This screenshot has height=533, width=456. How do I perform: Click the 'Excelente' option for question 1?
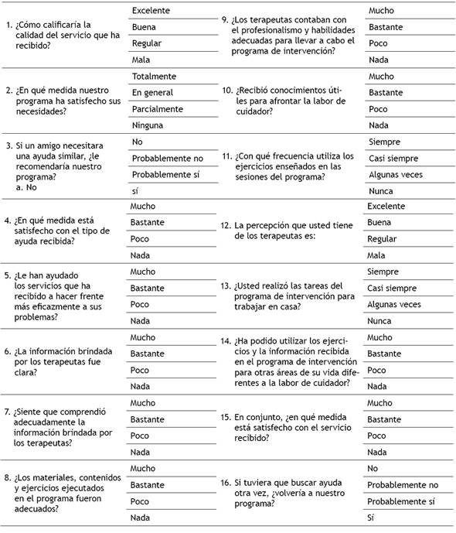click(x=151, y=11)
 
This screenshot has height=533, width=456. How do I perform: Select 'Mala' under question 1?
click(x=141, y=60)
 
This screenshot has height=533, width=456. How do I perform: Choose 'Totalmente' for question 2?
click(x=155, y=77)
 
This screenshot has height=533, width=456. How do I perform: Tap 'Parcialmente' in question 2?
click(x=158, y=109)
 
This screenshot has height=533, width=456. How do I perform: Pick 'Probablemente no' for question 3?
click(x=167, y=158)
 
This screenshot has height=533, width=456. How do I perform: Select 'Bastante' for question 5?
click(x=148, y=288)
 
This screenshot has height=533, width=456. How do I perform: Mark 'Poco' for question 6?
click(x=141, y=370)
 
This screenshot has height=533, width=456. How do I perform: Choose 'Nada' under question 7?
click(x=140, y=452)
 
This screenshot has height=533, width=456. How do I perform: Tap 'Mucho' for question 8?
click(x=143, y=468)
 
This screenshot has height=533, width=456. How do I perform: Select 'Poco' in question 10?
click(x=379, y=109)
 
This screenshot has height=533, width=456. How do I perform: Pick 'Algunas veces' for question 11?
click(x=396, y=174)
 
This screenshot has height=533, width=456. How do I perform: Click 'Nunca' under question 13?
click(x=380, y=320)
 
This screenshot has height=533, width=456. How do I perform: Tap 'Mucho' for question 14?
click(x=381, y=337)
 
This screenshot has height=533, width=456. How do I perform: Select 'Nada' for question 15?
click(x=378, y=452)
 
